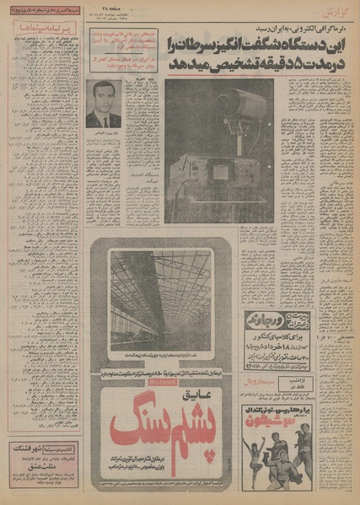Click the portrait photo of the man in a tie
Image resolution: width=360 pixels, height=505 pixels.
[x=104, y=104]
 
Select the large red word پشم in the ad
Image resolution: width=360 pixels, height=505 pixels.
[x=196, y=422]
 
